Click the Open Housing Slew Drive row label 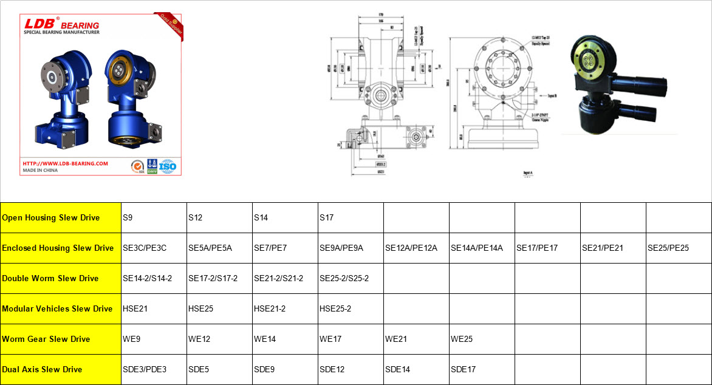click(51, 217)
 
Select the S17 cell click(326, 217)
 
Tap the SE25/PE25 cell click(668, 248)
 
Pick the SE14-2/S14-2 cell click(147, 278)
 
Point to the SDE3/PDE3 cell click(144, 369)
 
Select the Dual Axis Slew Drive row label click(43, 369)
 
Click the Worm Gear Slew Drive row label click(46, 339)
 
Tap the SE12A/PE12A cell click(411, 248)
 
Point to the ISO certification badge click(168, 166)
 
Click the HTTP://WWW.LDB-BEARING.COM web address click(65, 163)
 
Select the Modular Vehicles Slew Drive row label click(57, 308)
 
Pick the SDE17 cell click(463, 369)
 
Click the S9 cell click(128, 217)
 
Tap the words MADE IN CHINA click(40, 171)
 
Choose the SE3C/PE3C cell click(145, 248)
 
